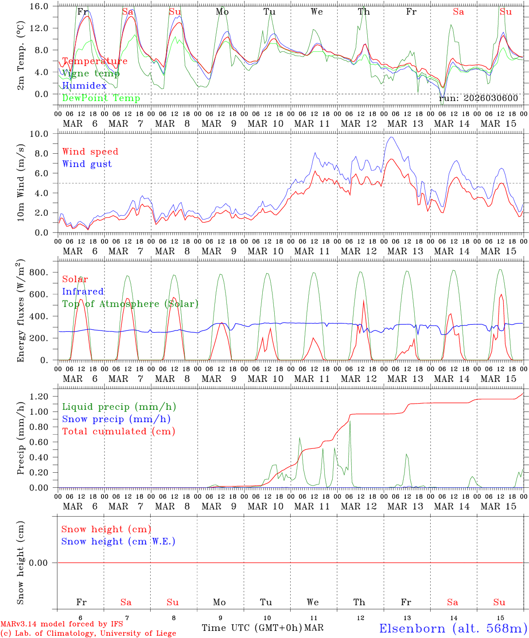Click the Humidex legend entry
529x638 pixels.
tap(84, 86)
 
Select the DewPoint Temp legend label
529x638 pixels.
tap(101, 98)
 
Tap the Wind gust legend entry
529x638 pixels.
tap(87, 164)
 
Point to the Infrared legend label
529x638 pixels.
tap(83, 292)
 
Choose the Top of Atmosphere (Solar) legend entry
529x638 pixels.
tap(130, 304)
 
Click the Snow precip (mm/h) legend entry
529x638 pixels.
tap(116, 419)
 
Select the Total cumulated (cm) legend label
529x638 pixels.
tap(118, 432)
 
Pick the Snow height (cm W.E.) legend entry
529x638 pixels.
tap(118, 541)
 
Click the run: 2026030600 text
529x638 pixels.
tap(478, 98)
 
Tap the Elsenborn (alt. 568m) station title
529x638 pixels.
tap(453, 628)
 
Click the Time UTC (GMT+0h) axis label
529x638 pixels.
tap(252, 628)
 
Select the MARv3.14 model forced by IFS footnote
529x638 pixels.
tap(62, 624)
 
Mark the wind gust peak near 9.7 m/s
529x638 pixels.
tap(391, 137)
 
